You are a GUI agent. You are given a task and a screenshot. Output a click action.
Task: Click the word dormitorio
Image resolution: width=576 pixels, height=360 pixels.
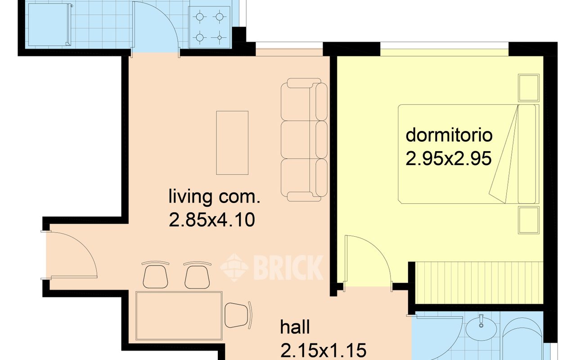pyautogui.click(x=449, y=135)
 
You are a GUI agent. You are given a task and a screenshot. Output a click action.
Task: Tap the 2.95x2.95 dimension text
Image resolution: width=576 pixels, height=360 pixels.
pyautogui.click(x=449, y=158)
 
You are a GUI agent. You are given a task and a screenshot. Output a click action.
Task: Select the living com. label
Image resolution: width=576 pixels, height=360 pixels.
pyautogui.click(x=214, y=198)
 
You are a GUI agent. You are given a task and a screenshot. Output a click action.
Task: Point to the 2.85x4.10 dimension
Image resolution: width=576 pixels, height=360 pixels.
pyautogui.click(x=211, y=220)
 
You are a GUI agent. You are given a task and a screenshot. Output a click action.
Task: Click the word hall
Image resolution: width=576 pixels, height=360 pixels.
pyautogui.click(x=295, y=327)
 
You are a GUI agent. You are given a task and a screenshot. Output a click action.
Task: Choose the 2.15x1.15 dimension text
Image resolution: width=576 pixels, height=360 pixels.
pyautogui.click(x=323, y=350)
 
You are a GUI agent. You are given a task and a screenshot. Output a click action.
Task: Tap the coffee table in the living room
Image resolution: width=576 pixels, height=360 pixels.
pyautogui.click(x=232, y=143)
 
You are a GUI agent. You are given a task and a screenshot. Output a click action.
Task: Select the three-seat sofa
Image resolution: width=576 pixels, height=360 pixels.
pyautogui.click(x=304, y=139)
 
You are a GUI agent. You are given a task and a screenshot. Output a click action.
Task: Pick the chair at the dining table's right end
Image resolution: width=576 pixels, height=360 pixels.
pyautogui.click(x=238, y=315)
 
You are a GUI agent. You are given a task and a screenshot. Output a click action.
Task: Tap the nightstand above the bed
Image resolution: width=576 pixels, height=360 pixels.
pyautogui.click(x=529, y=88)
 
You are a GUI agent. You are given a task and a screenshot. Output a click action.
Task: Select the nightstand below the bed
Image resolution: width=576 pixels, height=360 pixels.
pyautogui.click(x=529, y=220)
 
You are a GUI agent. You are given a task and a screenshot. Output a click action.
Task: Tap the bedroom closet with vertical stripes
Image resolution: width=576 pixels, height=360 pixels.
pyautogui.click(x=479, y=283)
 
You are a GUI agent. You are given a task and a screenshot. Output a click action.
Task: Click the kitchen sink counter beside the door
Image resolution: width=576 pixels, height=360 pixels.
pyautogui.click(x=49, y=24)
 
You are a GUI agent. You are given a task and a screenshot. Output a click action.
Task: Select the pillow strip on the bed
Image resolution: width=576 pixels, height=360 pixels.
pyautogui.click(x=527, y=154)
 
